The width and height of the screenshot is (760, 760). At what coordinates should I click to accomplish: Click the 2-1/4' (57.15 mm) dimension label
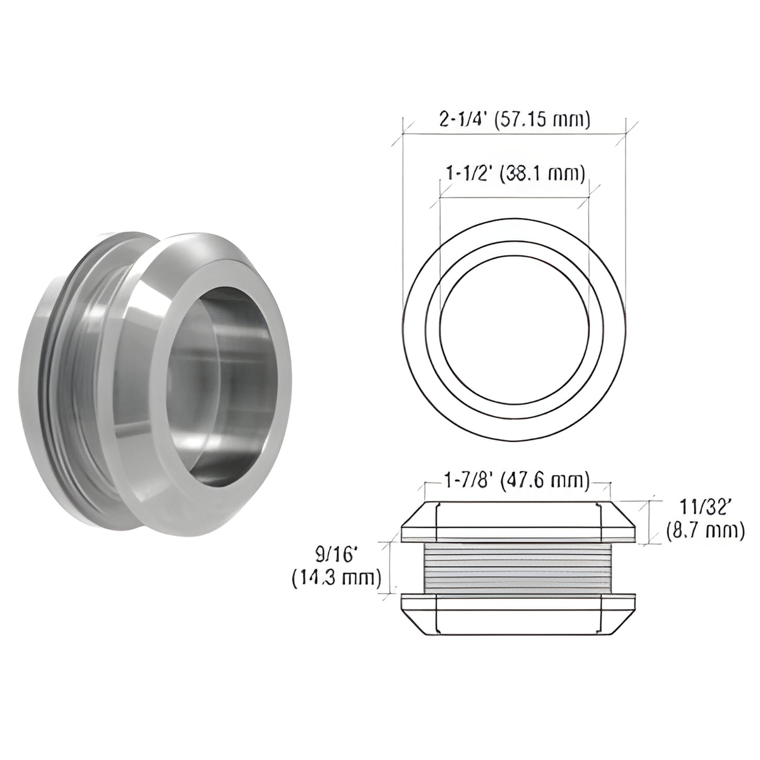point(515,120)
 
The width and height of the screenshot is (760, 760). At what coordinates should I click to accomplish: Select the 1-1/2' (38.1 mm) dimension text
point(515,173)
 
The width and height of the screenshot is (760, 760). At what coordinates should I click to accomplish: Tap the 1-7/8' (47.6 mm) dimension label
point(515,481)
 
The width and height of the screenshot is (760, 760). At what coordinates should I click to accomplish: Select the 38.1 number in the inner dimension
point(532,173)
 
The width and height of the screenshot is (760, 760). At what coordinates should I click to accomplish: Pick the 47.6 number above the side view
point(532,481)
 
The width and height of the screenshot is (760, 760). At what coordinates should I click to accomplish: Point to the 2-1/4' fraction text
point(461,120)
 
